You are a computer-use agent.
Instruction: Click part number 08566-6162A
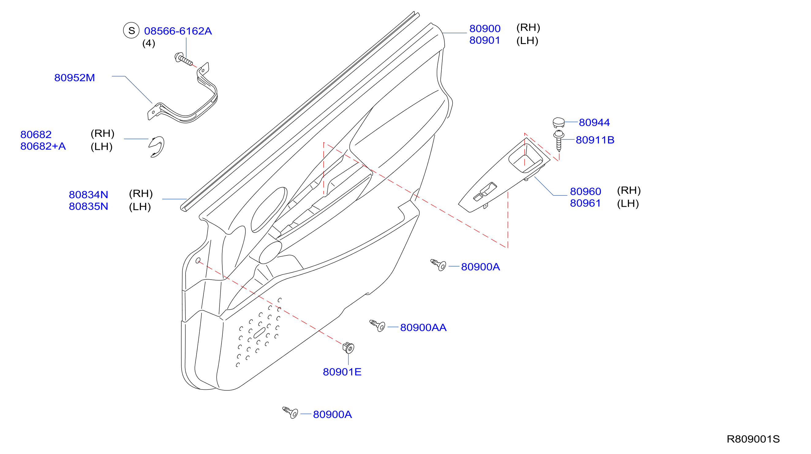point(178,31)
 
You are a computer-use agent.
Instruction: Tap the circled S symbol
point(131,31)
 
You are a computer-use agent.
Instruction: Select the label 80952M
point(75,78)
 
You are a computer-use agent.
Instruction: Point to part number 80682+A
point(43,146)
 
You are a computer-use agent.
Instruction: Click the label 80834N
point(89,195)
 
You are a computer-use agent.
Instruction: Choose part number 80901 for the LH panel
point(485,40)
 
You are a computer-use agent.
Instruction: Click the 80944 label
point(594,122)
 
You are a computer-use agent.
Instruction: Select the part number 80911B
point(595,140)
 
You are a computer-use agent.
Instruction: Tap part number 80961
point(585,203)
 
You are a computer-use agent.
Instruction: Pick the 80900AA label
point(423,328)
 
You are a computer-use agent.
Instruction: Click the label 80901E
point(342,372)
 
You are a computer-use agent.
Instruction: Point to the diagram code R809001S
point(753,439)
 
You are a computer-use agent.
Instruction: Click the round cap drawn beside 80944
point(559,123)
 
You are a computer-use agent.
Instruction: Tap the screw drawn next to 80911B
point(559,141)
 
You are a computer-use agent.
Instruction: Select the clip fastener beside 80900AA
point(377,326)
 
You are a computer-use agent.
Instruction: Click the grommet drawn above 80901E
point(348,348)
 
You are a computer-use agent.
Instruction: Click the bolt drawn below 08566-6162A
point(183,59)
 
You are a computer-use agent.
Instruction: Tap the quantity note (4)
point(149,43)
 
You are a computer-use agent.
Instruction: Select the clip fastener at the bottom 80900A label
point(290,412)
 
